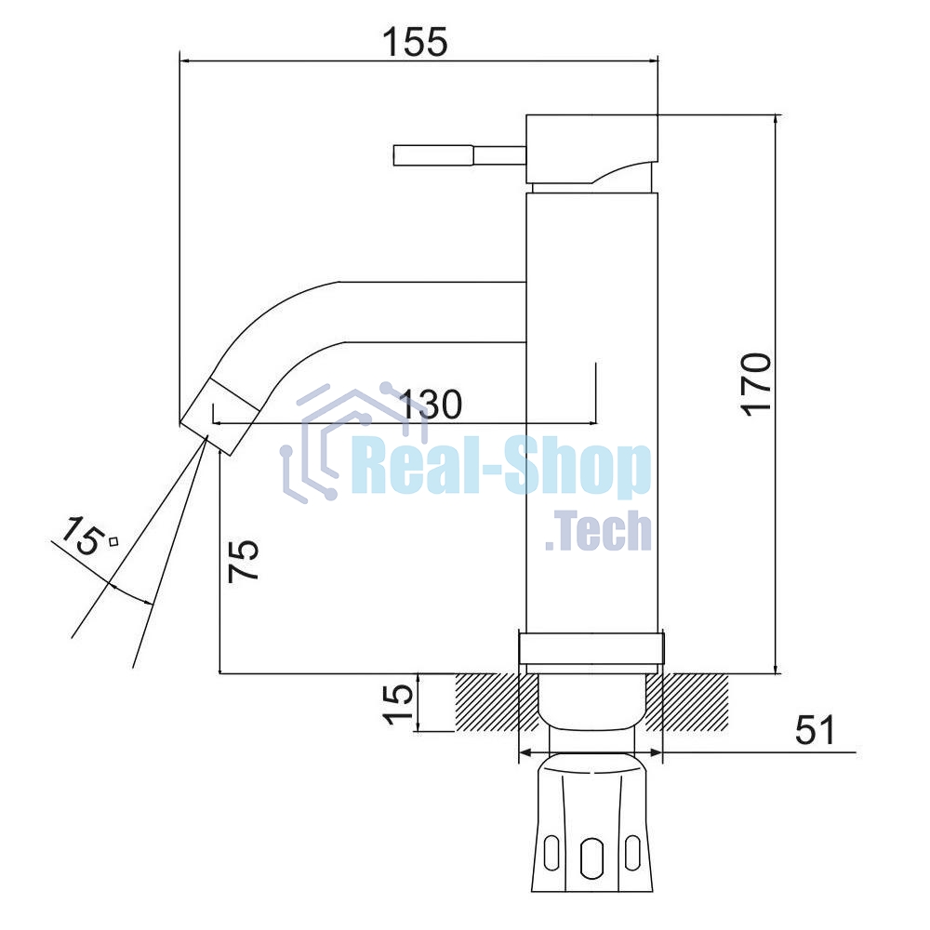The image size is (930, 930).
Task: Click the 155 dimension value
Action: pos(415,42)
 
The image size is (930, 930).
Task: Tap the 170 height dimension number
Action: pos(757,384)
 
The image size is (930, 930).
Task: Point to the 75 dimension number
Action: pos(244,560)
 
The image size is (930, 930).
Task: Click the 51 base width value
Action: pos(815,729)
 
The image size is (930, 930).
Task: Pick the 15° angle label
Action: pos(89,536)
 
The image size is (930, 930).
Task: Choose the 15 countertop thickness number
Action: pos(398,704)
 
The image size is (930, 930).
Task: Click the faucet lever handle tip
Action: pos(395,155)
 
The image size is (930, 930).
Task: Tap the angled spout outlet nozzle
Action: pos(220,418)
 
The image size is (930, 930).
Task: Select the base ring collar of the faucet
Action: pos(591,649)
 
